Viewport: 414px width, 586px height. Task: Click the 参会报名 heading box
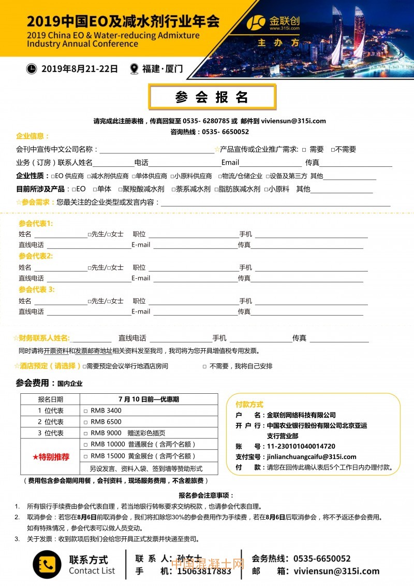coord(212,97)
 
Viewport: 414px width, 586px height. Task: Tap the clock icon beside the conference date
coord(32,68)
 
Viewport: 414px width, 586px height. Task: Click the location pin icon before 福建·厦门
coord(134,68)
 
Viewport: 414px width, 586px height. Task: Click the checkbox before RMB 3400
coord(85,411)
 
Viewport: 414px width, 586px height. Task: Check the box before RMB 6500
coord(85,422)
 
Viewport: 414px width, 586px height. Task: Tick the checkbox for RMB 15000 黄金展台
coord(85,456)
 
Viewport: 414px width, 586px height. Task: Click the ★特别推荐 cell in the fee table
coord(51,457)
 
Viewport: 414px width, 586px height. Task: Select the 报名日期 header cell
coord(51,399)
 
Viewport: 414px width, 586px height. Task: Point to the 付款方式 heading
coord(249,404)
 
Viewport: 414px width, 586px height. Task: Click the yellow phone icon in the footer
coord(47,564)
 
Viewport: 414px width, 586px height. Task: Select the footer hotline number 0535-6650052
coord(322,559)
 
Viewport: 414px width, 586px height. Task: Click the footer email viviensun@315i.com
coord(336,571)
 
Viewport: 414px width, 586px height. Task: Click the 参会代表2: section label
coord(36,256)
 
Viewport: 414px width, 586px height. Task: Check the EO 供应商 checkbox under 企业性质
coord(53,176)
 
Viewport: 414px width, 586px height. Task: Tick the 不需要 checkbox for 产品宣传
coord(333,150)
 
